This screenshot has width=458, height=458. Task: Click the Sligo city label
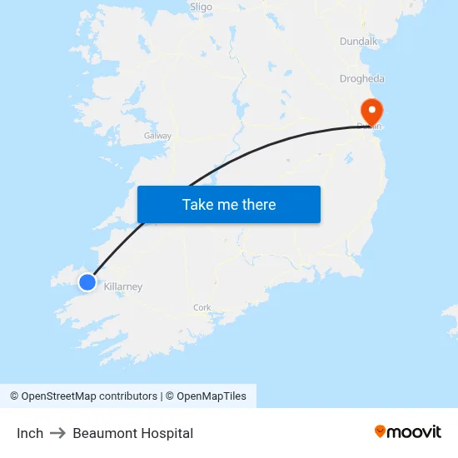click(201, 7)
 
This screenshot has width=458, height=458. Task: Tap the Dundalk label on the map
click(358, 41)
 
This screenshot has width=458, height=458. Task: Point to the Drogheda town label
click(362, 79)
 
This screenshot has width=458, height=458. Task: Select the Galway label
click(157, 136)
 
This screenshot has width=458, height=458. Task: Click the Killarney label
click(123, 287)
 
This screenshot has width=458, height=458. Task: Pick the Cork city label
click(202, 307)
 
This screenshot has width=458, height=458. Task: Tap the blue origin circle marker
click(87, 282)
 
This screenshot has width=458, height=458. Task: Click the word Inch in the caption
click(30, 433)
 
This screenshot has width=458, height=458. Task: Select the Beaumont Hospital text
click(133, 433)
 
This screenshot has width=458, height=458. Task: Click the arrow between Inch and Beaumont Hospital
click(57, 433)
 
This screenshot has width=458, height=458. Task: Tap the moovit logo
click(408, 431)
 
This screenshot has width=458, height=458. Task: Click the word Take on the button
click(197, 205)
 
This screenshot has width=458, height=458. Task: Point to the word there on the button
click(257, 205)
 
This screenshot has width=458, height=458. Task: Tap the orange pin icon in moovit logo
click(381, 431)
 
